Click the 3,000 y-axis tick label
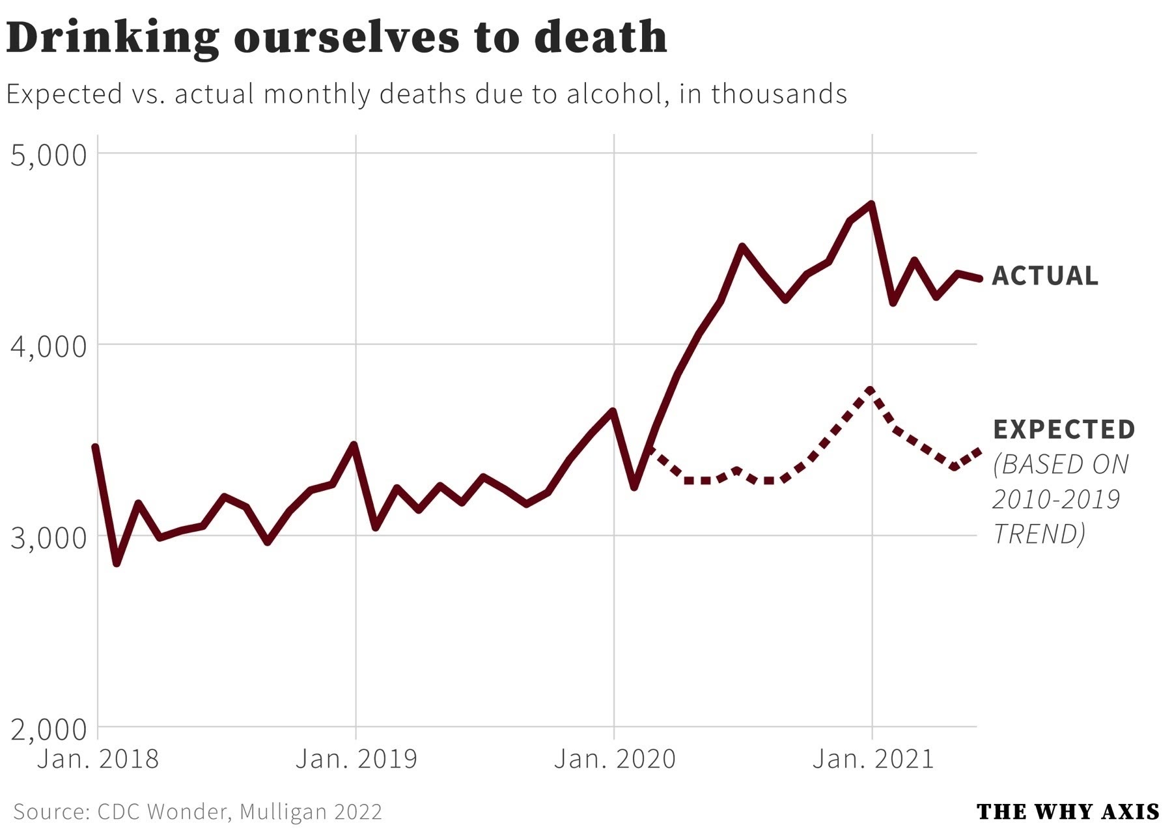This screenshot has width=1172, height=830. [49, 538]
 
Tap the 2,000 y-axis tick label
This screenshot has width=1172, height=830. [49, 729]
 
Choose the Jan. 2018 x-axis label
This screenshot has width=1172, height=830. [98, 759]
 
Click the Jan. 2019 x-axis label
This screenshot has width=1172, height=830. [356, 759]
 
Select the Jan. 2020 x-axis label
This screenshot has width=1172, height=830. [615, 759]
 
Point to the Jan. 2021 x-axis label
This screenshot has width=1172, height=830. [872, 759]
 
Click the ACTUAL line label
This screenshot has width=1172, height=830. [1045, 276]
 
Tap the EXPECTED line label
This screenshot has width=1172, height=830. [1065, 430]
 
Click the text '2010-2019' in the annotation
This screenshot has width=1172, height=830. [1056, 499]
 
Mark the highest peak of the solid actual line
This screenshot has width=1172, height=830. [871, 204]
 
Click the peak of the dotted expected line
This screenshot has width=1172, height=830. [871, 390]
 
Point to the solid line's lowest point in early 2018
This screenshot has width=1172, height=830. [117, 563]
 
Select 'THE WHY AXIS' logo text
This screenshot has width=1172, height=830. [1068, 812]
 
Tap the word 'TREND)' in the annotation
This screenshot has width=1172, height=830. [1039, 534]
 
